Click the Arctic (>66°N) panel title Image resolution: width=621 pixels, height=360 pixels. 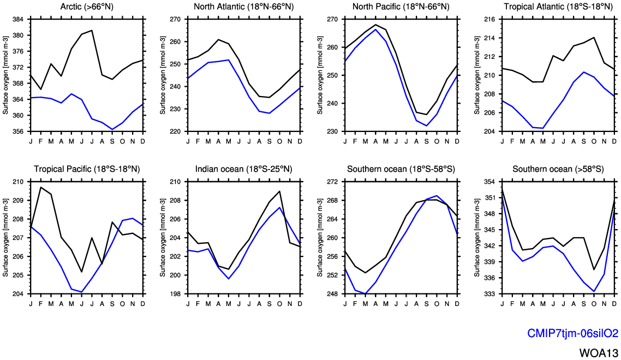(86, 7)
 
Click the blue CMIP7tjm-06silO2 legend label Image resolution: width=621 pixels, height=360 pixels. (572, 333)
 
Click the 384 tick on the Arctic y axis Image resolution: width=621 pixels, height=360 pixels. (17, 20)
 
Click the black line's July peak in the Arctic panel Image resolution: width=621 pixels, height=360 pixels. (92, 31)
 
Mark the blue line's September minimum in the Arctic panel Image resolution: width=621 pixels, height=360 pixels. (112, 129)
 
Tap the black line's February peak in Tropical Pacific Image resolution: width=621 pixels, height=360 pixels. (41, 187)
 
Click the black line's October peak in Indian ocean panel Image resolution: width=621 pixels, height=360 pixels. (279, 191)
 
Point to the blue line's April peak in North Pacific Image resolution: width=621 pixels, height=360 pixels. (375, 29)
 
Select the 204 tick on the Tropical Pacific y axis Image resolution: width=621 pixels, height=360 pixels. (17, 294)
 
